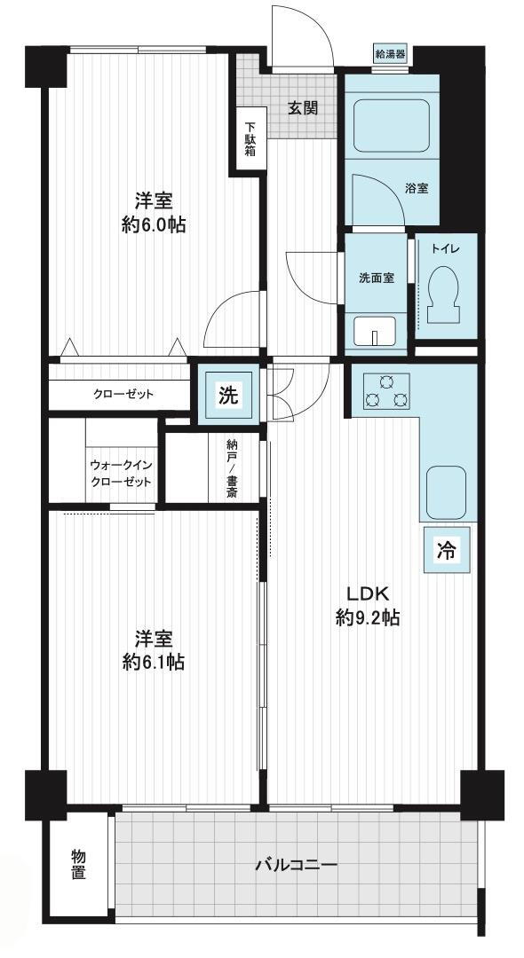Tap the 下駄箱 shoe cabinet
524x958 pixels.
[x=250, y=141]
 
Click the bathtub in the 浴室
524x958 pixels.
[x=392, y=128]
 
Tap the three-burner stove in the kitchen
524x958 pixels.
[x=386, y=391]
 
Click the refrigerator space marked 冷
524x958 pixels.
[x=447, y=551]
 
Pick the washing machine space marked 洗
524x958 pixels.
[x=228, y=396]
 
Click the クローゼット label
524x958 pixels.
[x=123, y=394]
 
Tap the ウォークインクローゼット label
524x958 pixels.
[x=121, y=473]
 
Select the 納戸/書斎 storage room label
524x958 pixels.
[x=231, y=468]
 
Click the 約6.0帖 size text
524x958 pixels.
[x=154, y=226]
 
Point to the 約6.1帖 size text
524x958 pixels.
[x=154, y=662]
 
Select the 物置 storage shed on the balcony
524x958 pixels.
[x=78, y=865]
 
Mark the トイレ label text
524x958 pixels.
[x=445, y=248]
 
